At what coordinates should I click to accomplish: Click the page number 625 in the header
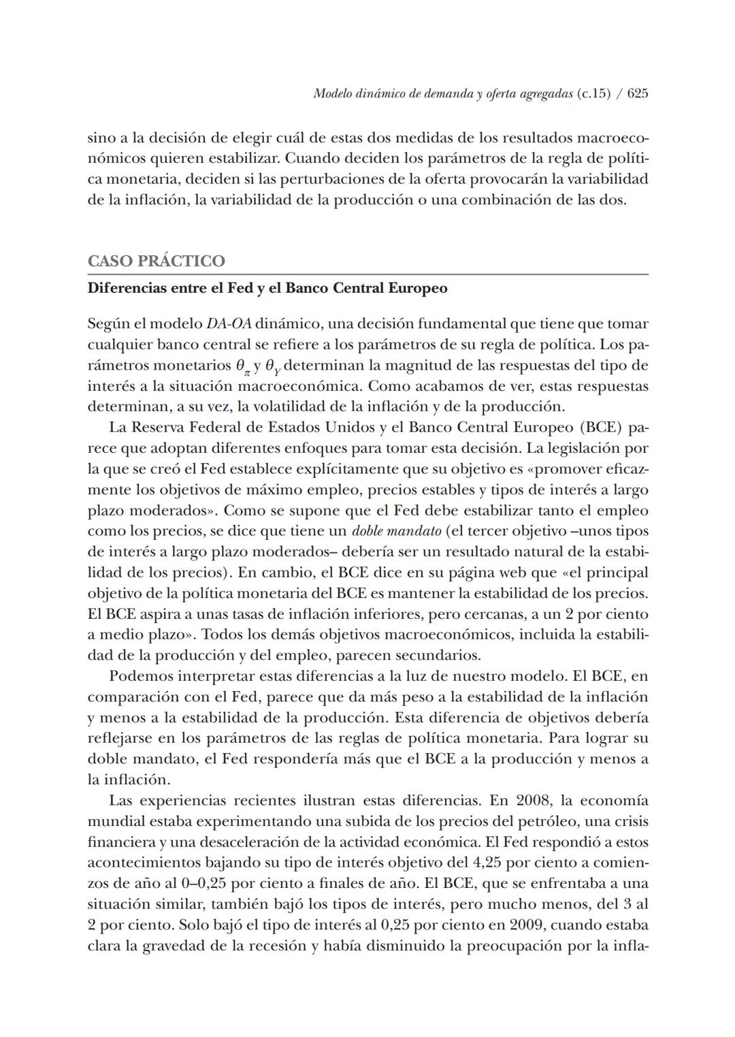[x=637, y=93]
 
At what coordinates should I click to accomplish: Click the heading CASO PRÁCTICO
[x=156, y=261]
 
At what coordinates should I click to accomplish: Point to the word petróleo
[x=547, y=821]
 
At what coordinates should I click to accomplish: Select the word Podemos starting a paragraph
[x=138, y=676]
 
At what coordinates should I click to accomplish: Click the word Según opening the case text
[x=108, y=324]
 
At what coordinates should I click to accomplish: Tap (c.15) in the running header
[x=593, y=93]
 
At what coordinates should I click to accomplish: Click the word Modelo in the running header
[x=331, y=93]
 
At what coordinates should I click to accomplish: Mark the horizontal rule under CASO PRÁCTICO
[x=367, y=274]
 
